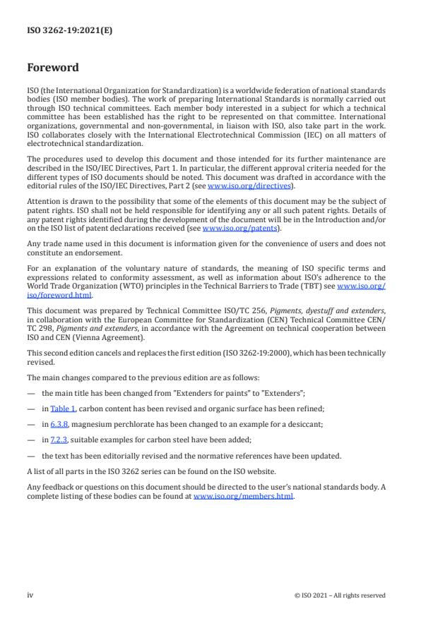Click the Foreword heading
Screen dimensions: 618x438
pos(53,68)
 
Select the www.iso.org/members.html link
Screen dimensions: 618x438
pos(244,496)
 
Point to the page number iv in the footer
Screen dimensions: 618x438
pos(30,595)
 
